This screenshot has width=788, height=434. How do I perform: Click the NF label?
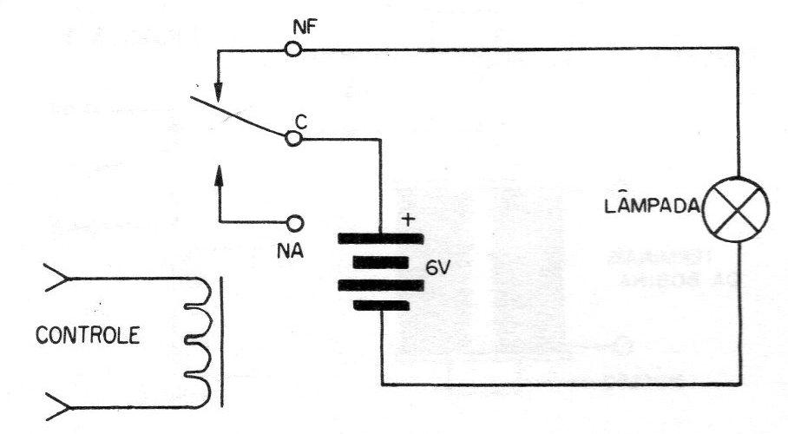(305, 28)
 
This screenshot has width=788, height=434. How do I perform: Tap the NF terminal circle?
(293, 49)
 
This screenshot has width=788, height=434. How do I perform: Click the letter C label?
(300, 122)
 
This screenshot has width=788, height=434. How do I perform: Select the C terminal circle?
(293, 138)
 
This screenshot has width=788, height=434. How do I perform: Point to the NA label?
(290, 250)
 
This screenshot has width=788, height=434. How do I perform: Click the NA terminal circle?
(295, 222)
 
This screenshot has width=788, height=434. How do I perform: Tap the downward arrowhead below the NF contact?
(218, 90)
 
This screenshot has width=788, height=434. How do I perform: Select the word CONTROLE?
(88, 335)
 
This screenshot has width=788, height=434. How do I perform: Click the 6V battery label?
(437, 268)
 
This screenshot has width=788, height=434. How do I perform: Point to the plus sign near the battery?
(410, 220)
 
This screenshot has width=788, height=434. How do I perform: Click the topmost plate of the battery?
(380, 239)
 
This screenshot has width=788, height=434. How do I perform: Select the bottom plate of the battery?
(380, 306)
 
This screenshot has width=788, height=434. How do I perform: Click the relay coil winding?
(199, 343)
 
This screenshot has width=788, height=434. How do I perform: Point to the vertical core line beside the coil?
(222, 341)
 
